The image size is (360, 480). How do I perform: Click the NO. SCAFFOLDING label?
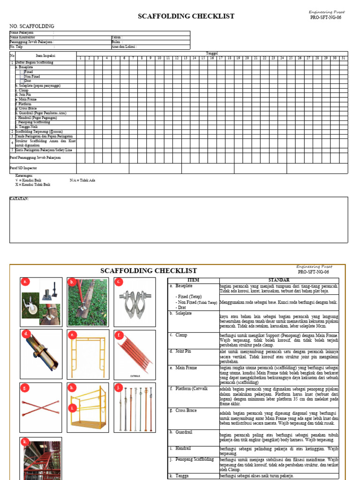[x=32, y=26]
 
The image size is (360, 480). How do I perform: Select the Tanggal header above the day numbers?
[x=212, y=53]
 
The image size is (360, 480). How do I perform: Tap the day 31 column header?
[x=343, y=58]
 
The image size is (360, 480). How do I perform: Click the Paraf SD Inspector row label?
[x=23, y=168]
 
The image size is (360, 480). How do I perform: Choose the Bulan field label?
[x=117, y=42]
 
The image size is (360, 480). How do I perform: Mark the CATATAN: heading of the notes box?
[x=19, y=199]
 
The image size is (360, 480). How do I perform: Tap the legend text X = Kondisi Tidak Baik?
[x=33, y=185]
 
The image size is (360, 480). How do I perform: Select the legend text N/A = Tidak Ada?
[x=82, y=180]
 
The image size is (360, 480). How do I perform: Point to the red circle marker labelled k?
[x=25, y=442]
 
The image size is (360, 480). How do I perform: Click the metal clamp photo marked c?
[x=135, y=302]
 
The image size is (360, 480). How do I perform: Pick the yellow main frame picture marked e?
[x=88, y=355]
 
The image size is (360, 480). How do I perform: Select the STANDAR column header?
[x=279, y=280]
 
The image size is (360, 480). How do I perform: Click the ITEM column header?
[x=193, y=280]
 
